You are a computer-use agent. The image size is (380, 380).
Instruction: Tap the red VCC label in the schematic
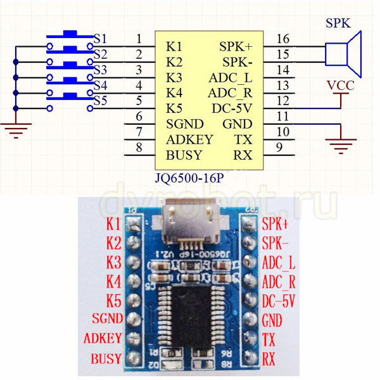[341, 85]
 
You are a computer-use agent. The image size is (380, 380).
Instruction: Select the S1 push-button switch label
[100, 39]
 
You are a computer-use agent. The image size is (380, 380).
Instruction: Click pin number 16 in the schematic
[282, 39]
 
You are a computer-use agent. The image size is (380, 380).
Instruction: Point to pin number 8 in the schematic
[139, 148]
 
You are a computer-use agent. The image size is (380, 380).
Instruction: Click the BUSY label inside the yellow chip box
[184, 155]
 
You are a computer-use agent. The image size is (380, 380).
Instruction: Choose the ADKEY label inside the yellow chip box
[189, 139]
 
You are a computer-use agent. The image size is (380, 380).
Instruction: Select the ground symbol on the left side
[15, 130]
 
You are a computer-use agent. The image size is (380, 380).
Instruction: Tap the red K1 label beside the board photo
[113, 224]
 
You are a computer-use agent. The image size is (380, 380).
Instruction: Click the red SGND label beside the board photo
[106, 318]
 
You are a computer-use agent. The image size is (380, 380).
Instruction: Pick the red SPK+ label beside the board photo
[274, 224]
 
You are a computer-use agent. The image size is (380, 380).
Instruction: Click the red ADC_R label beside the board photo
[278, 281]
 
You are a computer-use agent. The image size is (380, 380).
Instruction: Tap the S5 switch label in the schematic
[100, 101]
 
